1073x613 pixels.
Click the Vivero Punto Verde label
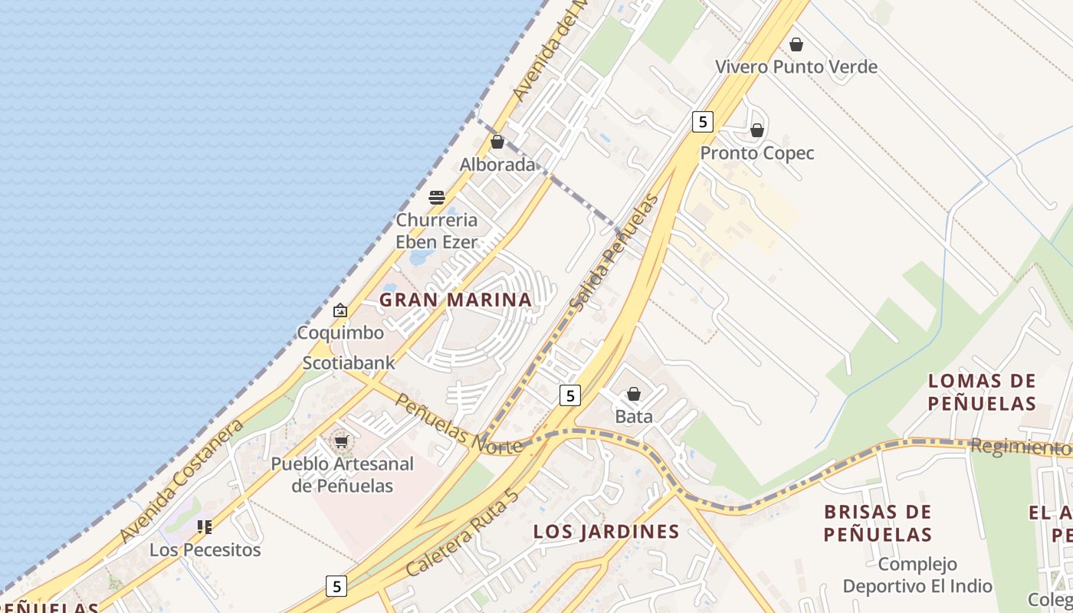pos(796,67)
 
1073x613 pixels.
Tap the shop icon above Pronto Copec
pos(757,131)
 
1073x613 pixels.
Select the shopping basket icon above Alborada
pos(497,142)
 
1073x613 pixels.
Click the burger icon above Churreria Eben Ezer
pos(437,198)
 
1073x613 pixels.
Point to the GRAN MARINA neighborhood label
pos(455,300)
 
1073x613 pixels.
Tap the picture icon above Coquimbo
pos(340,310)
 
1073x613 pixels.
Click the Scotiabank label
pos(349,362)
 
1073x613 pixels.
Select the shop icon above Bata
pos(634,394)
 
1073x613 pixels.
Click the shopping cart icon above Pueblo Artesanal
pos(342,441)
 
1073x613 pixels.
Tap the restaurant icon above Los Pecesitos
pos(205,526)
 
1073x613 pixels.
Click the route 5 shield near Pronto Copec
pos(702,121)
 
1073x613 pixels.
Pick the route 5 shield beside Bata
pos(569,395)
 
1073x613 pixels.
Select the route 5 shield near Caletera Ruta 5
pos(336,586)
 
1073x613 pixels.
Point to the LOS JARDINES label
pos(606,531)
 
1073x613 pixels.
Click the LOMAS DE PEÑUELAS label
pos(982,392)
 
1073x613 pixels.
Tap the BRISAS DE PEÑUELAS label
pos(878,523)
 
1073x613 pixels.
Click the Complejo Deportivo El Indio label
pos(917,575)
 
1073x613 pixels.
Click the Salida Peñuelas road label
pos(614,254)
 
